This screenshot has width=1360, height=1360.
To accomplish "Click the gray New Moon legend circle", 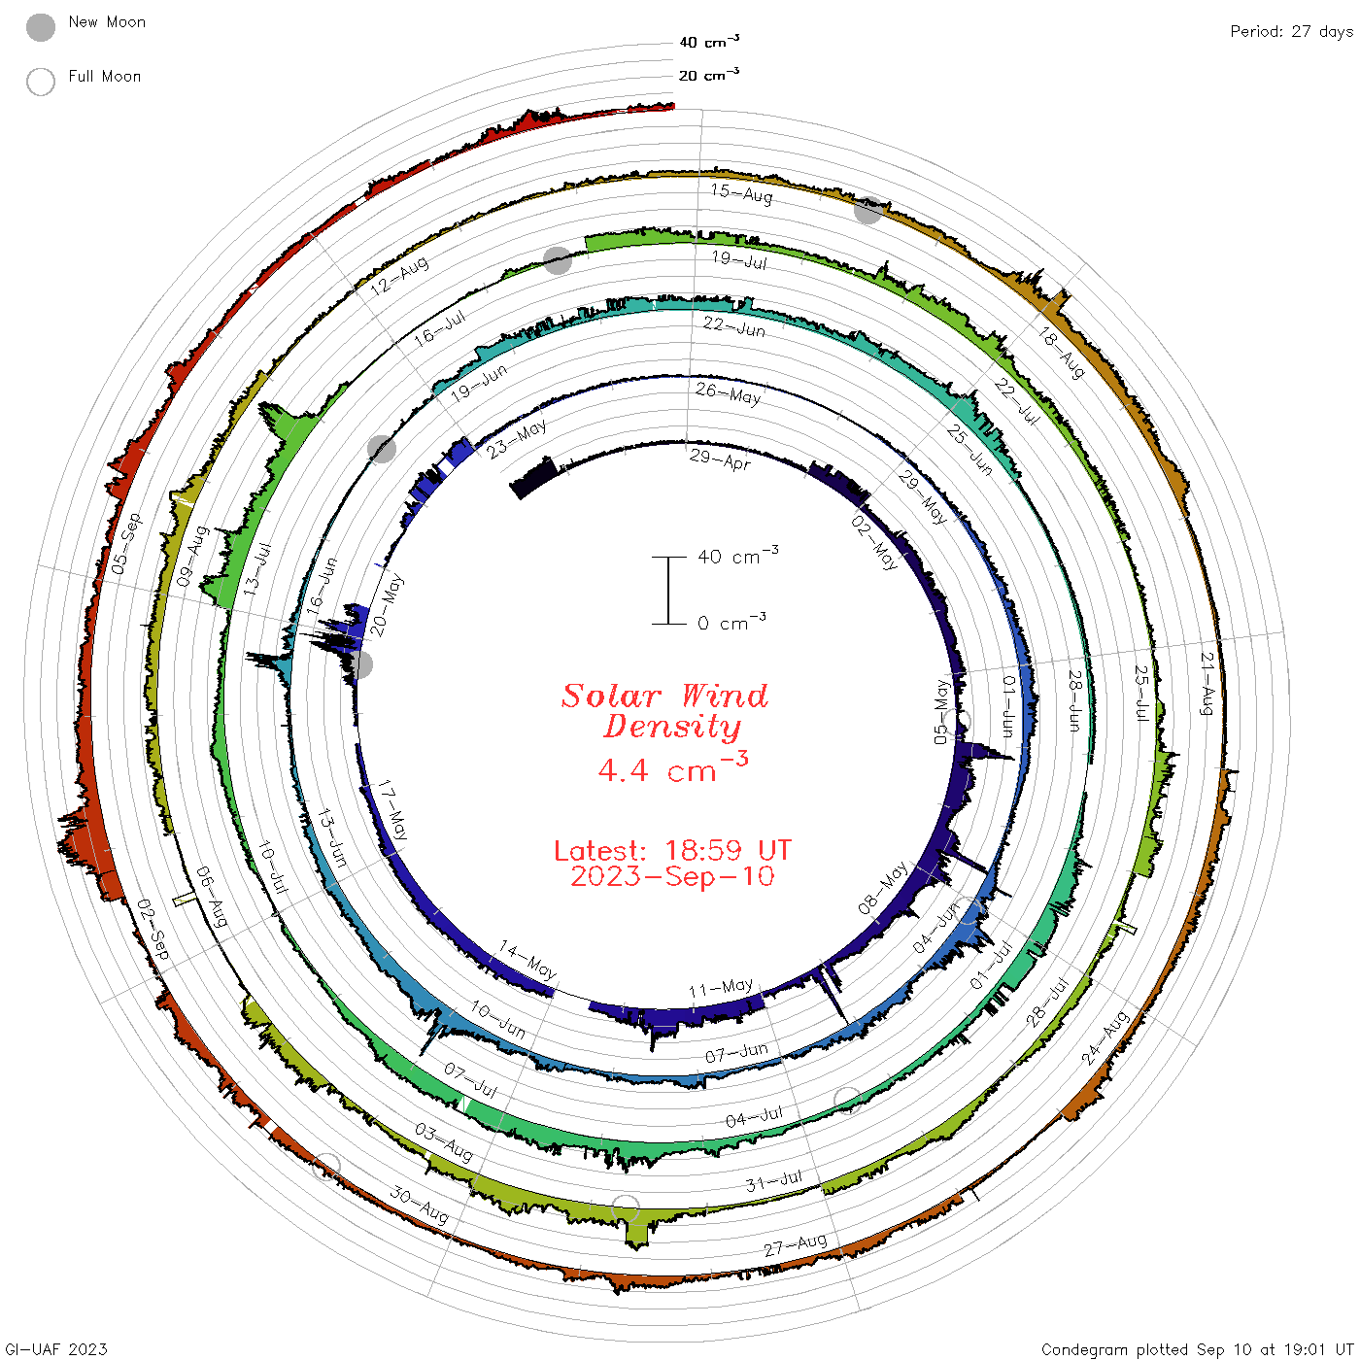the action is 41,27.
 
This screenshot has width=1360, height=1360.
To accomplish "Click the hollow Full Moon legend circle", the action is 41,82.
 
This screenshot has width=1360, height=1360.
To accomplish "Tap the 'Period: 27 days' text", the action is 1291,32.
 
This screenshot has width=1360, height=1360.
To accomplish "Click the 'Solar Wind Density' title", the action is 664,711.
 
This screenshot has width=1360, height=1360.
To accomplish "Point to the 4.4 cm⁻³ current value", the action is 672,767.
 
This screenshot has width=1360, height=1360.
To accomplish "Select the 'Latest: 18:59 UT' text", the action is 672,850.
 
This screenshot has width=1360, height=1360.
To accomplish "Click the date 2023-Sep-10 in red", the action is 672,876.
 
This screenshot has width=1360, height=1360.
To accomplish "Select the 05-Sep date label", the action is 126,543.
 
